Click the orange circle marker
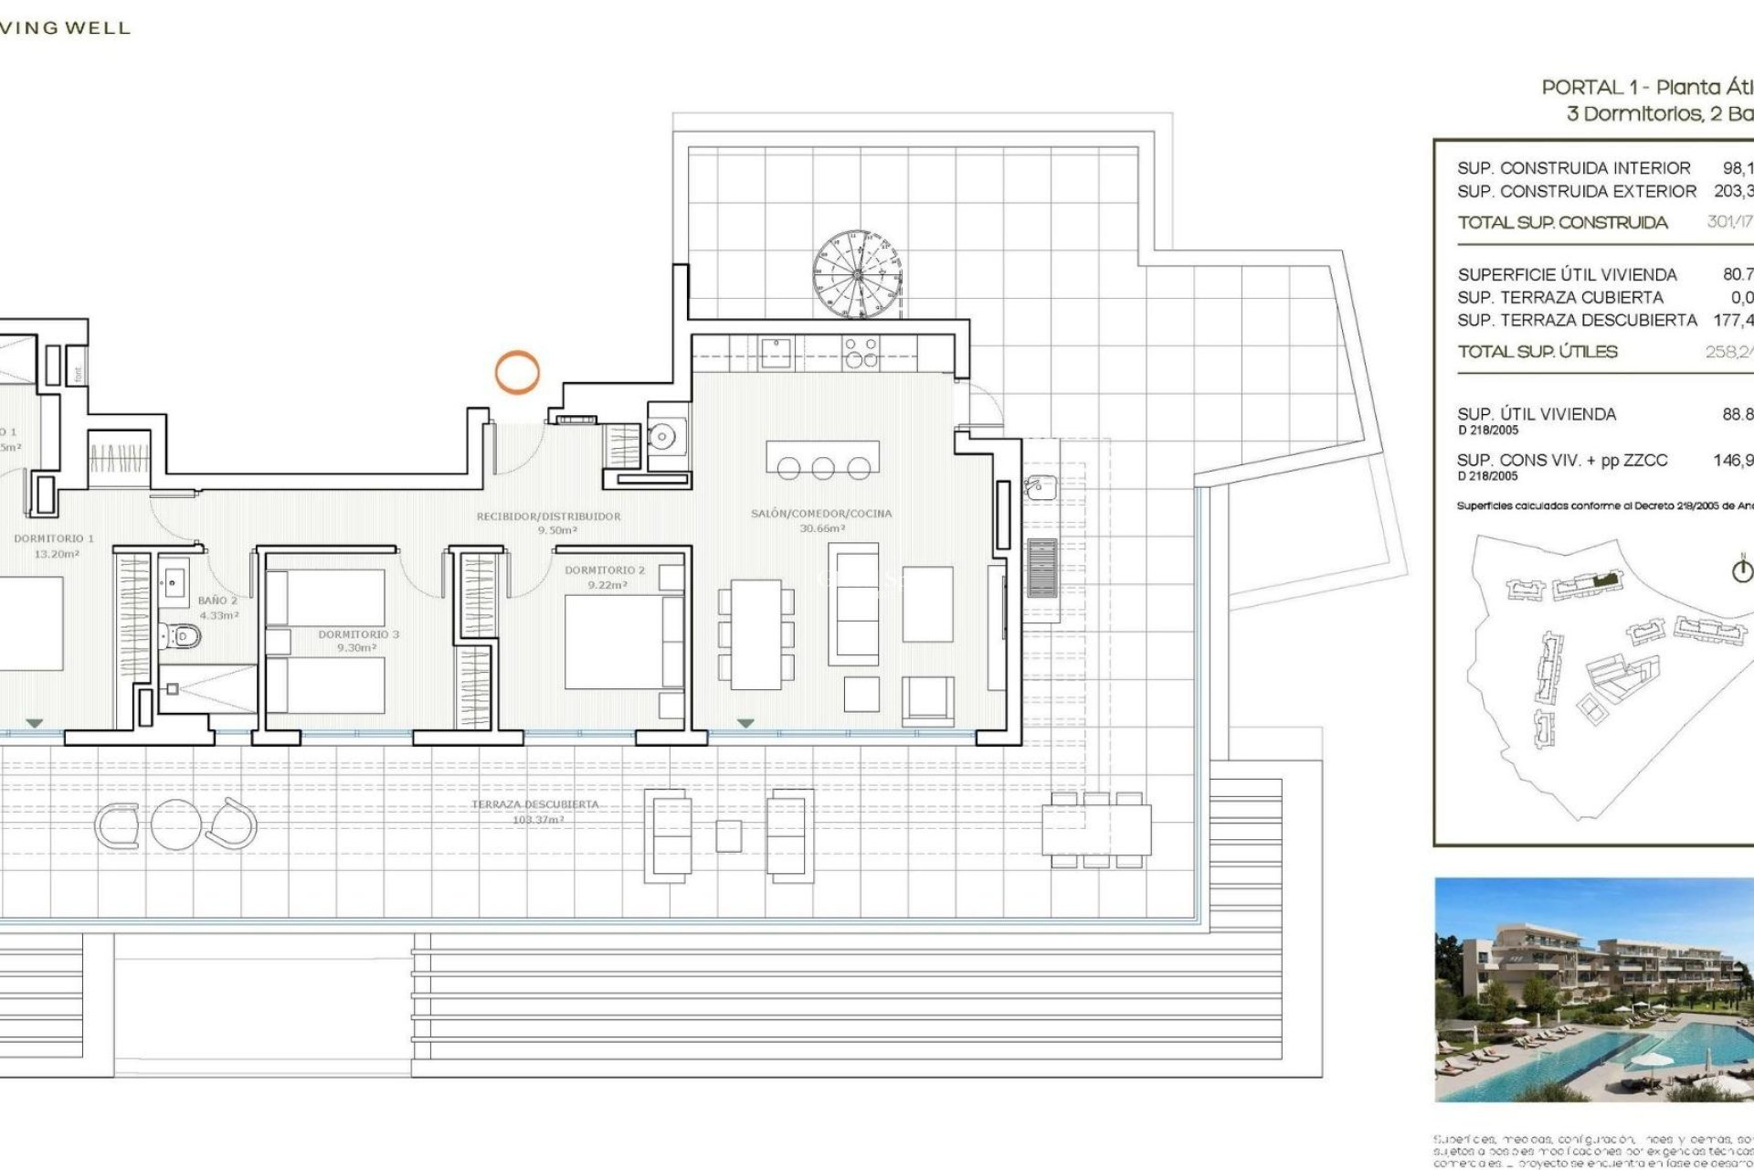click(517, 372)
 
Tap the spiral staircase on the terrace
click(857, 274)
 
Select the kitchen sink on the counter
click(777, 351)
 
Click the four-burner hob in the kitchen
click(861, 352)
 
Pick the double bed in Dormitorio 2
click(624, 642)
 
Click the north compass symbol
click(1742, 571)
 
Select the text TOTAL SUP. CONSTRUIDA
click(1562, 222)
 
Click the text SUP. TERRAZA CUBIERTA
click(1560, 297)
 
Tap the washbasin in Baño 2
click(174, 581)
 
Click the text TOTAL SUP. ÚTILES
click(1537, 352)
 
